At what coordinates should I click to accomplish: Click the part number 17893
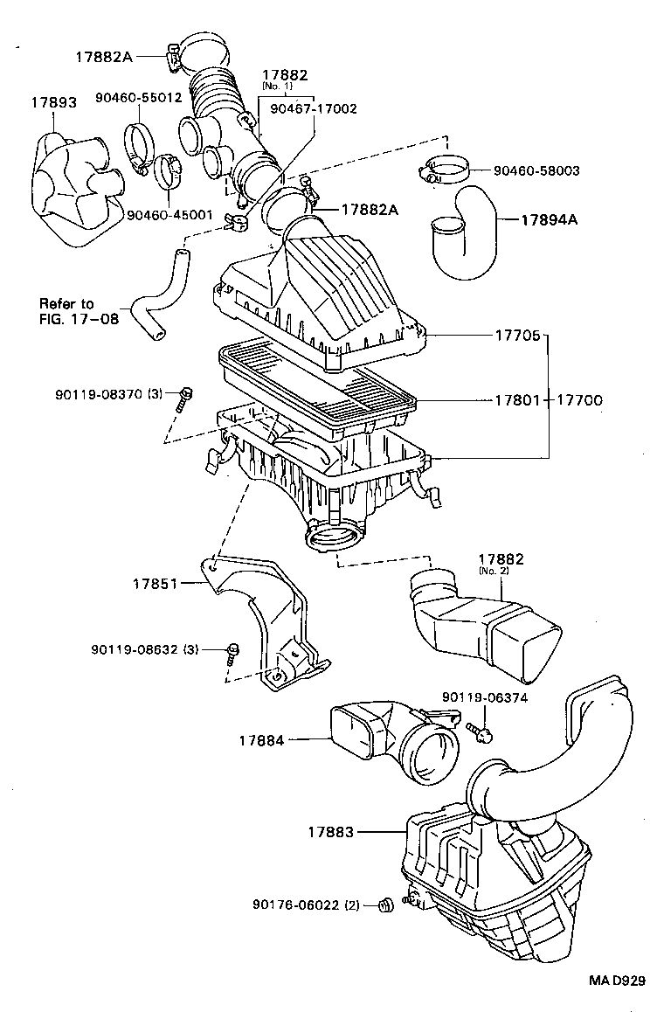pos(53,102)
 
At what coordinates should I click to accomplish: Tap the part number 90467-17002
pos(313,108)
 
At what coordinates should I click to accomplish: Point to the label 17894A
pos(550,219)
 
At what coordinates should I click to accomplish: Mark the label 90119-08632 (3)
pos(145,649)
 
